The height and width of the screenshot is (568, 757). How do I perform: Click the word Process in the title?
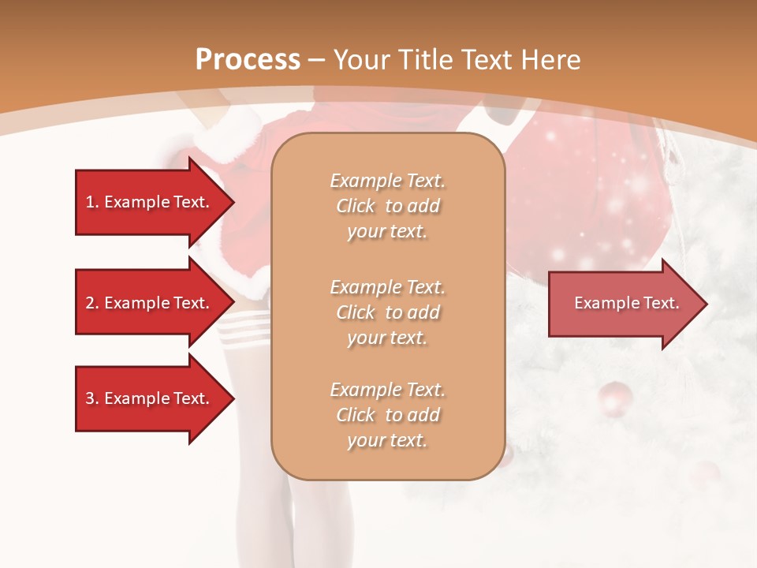pyautogui.click(x=248, y=60)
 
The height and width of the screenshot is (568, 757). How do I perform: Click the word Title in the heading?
pyautogui.click(x=424, y=60)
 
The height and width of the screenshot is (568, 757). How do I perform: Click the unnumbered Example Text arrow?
pyautogui.click(x=623, y=303)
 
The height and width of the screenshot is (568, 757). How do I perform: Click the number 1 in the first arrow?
pyautogui.click(x=90, y=202)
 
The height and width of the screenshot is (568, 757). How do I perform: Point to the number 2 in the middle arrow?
pyautogui.click(x=90, y=303)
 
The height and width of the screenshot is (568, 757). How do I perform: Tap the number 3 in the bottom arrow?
pyautogui.click(x=90, y=398)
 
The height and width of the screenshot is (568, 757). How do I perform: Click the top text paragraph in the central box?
pyautogui.click(x=387, y=206)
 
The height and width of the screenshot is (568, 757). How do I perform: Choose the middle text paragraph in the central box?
pyautogui.click(x=387, y=312)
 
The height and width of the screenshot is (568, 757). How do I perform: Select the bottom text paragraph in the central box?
pyautogui.click(x=387, y=415)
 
